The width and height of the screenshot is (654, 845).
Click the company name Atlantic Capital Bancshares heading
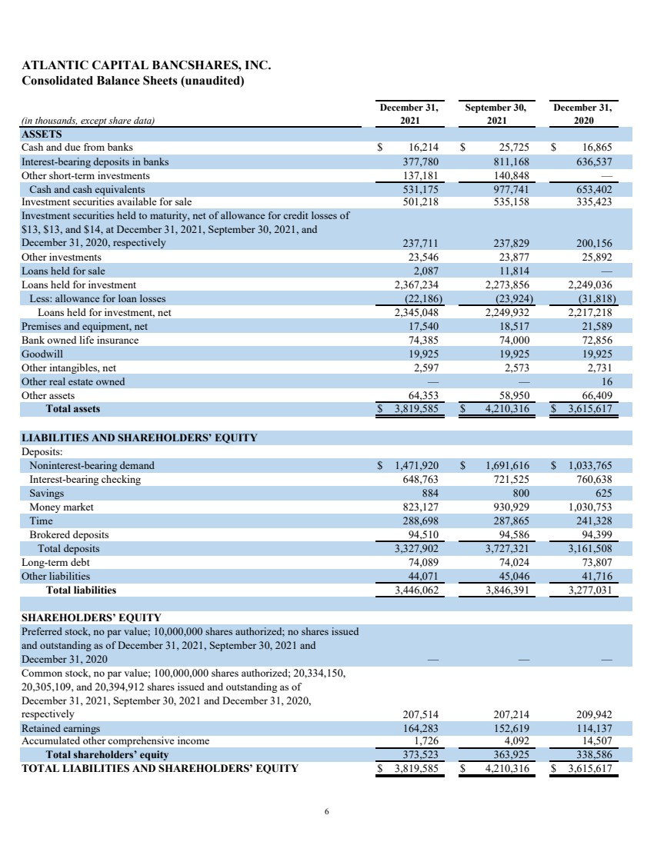tap(146, 66)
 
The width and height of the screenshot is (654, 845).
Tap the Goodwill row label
tap(42, 354)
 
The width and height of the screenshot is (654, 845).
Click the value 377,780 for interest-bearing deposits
tap(421, 161)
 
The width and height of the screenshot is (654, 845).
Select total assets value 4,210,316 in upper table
tap(504, 409)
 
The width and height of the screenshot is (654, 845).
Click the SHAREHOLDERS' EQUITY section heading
tap(91, 617)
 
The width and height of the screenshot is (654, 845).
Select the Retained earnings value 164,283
tap(421, 727)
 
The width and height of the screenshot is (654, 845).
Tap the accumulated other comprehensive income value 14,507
tap(597, 740)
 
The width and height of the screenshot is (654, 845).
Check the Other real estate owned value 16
tap(607, 381)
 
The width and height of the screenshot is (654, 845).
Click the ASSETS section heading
tap(42, 133)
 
